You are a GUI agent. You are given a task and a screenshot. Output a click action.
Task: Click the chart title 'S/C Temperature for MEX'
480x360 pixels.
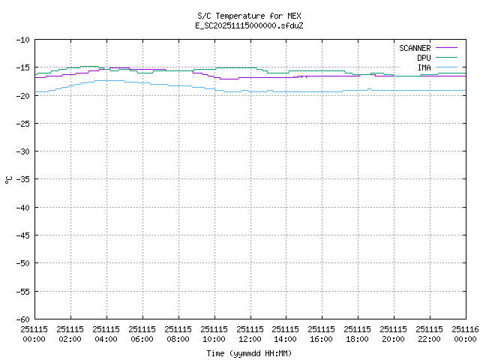(x=249, y=16)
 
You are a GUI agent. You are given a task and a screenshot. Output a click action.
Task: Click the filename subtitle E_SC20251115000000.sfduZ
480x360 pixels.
(x=249, y=25)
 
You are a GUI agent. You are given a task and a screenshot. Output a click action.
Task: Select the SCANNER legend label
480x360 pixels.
(x=414, y=48)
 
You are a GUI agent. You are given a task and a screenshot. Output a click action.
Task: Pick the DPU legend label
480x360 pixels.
(x=424, y=58)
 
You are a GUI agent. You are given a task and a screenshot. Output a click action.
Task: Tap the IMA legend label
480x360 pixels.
(x=424, y=67)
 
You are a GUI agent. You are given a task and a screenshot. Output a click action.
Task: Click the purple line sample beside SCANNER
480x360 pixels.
(x=445, y=48)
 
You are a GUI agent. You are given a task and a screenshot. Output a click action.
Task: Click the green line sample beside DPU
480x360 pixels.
(x=445, y=58)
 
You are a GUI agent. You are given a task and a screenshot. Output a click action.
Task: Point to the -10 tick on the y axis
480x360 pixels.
(x=22, y=40)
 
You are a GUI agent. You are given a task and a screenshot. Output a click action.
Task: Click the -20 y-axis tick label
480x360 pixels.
(x=22, y=95)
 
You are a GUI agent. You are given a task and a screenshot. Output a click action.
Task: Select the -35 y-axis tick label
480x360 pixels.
(x=22, y=179)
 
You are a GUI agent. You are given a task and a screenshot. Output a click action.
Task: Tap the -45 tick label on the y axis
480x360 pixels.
(x=22, y=235)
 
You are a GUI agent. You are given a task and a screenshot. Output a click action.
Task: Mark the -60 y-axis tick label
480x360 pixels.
(x=22, y=319)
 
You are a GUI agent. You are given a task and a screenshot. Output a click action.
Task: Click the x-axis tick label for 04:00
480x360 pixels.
(x=106, y=334)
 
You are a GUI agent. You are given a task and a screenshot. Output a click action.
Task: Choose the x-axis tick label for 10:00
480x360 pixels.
(x=214, y=334)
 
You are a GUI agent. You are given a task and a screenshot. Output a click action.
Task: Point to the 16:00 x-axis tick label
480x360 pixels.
(x=322, y=334)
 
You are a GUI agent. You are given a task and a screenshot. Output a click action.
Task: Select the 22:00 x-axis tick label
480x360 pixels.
(x=430, y=334)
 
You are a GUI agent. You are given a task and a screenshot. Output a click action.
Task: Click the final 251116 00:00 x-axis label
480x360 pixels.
(x=464, y=334)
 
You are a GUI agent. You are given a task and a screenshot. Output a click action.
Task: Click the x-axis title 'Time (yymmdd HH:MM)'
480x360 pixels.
(x=249, y=353)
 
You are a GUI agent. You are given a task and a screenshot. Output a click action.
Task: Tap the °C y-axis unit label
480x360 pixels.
(x=9, y=179)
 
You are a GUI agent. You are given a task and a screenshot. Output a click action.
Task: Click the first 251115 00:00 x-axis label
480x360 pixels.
(x=34, y=334)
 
